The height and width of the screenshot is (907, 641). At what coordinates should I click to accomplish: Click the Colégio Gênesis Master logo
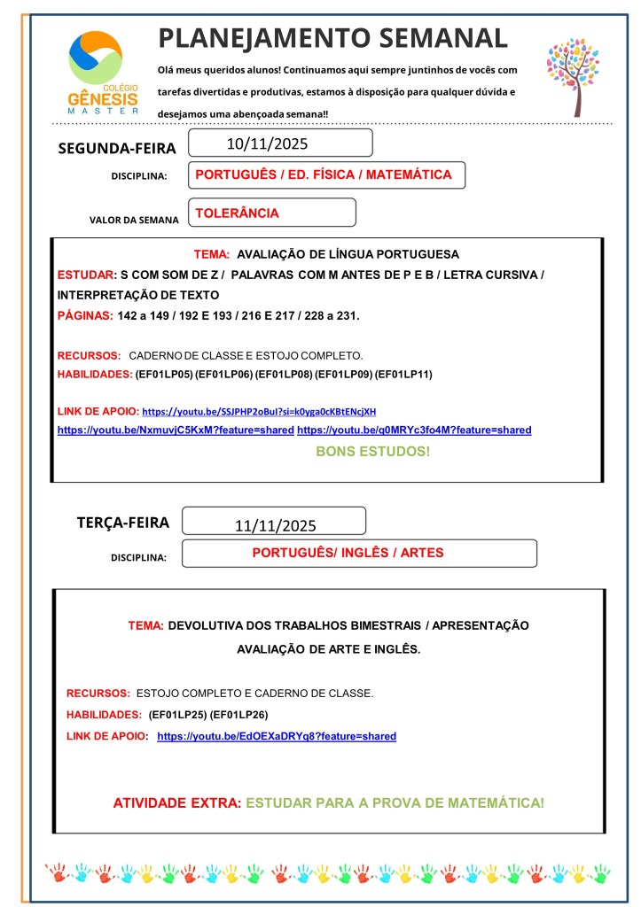(103, 74)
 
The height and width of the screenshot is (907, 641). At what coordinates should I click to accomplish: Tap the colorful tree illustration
(573, 76)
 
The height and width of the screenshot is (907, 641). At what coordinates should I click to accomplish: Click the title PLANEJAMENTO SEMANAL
(332, 38)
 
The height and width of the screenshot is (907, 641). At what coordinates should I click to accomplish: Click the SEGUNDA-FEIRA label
(117, 148)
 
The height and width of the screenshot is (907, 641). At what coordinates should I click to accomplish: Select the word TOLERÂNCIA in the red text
(237, 213)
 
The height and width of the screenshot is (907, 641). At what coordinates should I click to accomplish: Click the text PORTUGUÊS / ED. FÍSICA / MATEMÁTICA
(323, 175)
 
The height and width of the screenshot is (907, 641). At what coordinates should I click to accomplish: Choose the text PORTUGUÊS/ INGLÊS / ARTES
(348, 553)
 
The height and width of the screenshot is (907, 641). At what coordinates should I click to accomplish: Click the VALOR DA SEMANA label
(134, 220)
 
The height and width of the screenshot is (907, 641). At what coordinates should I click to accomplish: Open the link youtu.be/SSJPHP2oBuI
(259, 412)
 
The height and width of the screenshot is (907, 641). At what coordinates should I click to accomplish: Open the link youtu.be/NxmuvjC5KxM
(176, 430)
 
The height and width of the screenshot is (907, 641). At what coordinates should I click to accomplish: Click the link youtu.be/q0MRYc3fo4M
(414, 430)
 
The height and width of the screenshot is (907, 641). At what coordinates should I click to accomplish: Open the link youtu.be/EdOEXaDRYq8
(277, 736)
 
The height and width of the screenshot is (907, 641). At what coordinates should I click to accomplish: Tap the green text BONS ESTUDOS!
(372, 452)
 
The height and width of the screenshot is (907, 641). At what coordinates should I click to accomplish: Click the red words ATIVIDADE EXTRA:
(176, 803)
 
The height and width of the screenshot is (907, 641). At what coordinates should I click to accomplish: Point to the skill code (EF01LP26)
(238, 714)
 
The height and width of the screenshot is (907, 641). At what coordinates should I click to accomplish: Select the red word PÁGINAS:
(85, 316)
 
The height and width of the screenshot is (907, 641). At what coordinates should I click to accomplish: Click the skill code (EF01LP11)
(403, 375)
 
